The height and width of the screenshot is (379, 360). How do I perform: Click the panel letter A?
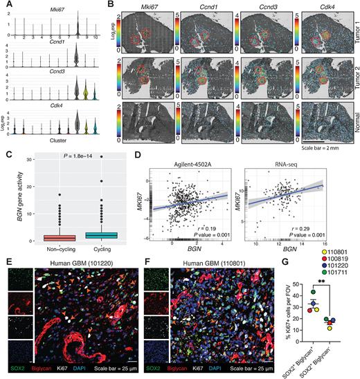tap(4, 5)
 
